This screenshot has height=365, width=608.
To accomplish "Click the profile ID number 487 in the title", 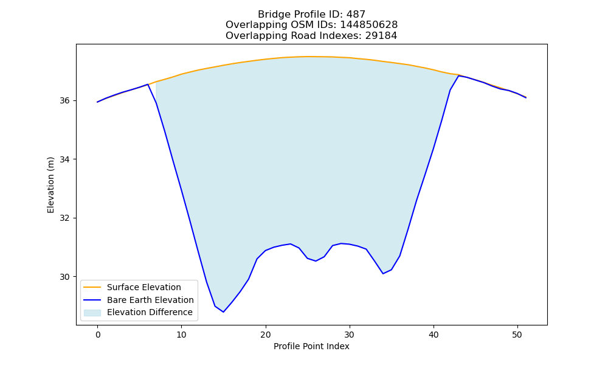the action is (356, 15).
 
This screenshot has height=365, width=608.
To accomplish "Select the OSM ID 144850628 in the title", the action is (369, 25).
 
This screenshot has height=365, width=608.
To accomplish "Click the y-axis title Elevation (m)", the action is (50, 185).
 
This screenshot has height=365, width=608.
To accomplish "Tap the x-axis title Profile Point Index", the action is (311, 346).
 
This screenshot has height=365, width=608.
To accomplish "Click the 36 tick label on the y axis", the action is (64, 101).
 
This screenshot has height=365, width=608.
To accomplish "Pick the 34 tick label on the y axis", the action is (64, 159).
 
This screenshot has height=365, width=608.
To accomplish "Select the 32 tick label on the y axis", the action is (64, 218).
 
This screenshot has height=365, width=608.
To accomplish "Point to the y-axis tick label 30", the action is (64, 277).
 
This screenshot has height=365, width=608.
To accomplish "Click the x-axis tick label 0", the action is (98, 335).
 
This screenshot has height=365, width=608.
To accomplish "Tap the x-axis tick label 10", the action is (181, 335).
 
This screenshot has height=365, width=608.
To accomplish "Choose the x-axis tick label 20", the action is (266, 335).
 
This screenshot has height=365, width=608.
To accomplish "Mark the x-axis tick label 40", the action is (434, 335).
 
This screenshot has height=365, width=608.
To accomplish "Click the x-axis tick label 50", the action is (517, 335).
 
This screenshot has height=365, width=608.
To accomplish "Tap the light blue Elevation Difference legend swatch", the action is (92, 313).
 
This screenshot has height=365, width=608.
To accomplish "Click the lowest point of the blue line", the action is (223, 312).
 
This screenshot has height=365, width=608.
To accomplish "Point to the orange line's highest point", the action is (308, 57).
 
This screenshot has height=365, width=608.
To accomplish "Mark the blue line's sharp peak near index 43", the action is (458, 75).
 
